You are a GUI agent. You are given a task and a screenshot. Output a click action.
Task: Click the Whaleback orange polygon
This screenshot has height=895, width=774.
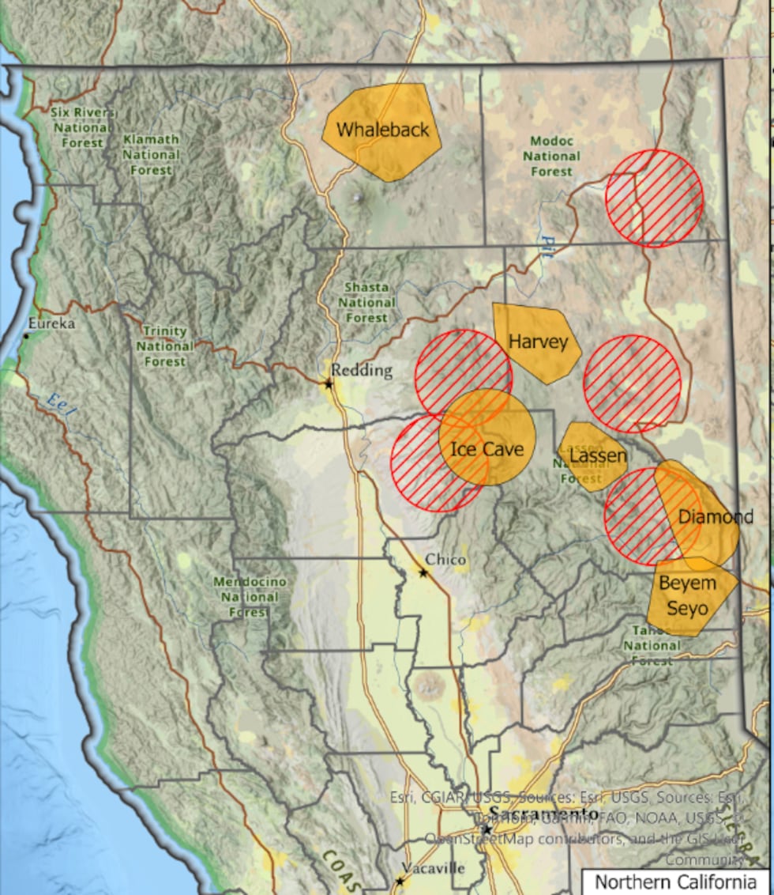382,131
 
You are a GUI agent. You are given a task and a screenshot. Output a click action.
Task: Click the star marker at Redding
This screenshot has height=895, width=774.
329,383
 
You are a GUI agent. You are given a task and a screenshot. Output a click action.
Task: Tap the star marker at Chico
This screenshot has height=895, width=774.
424,572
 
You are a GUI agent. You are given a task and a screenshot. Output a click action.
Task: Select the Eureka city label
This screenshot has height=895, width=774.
51,323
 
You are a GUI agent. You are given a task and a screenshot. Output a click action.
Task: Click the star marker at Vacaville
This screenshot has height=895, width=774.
400,880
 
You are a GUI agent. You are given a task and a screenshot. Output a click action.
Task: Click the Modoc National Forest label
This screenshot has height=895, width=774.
551,156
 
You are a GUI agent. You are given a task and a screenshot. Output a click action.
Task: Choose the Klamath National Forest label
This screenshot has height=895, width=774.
151,154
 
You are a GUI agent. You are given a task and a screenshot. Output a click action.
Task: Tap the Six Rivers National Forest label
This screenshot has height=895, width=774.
82,127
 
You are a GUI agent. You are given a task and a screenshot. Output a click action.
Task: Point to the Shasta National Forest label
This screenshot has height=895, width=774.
366,302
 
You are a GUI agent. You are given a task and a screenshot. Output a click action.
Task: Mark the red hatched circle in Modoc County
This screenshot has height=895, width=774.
654,198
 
